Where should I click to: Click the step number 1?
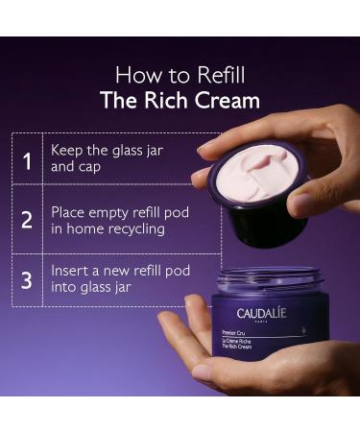pyautogui.click(x=27, y=160)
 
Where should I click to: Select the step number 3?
pyautogui.click(x=27, y=279)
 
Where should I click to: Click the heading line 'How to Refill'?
pyautogui.click(x=180, y=74)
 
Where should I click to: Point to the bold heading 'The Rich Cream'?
pyautogui.click(x=180, y=100)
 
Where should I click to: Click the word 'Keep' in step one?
pyautogui.click(x=68, y=152)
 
